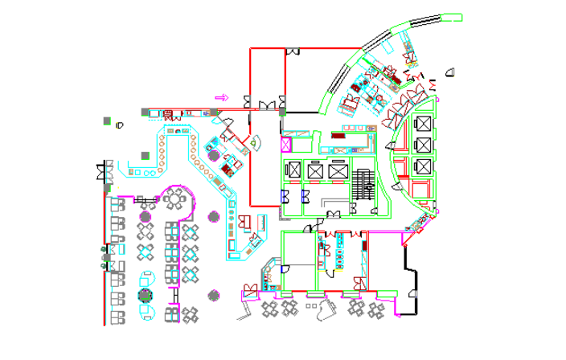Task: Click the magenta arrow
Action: pyautogui.click(x=222, y=97)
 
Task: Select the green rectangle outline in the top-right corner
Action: pyautogui.click(x=452, y=17)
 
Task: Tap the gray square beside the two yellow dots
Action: pyautogui.click(x=107, y=121)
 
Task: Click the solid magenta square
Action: pyautogui.click(x=285, y=145)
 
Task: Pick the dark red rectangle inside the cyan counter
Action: pyautogui.click(x=338, y=136)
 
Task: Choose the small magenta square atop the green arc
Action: pyautogui.click(x=437, y=100)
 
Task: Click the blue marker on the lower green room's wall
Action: pyautogui.click(x=282, y=269)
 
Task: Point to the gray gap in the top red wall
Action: pyautogui.click(x=292, y=48)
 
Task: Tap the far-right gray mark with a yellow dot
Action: pyautogui.click(x=453, y=72)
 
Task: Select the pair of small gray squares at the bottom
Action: pyautogui.click(x=311, y=305)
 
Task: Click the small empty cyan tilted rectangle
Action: pyautogui.click(x=387, y=47)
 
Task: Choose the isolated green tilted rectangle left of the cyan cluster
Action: pyautogui.click(x=326, y=104)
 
